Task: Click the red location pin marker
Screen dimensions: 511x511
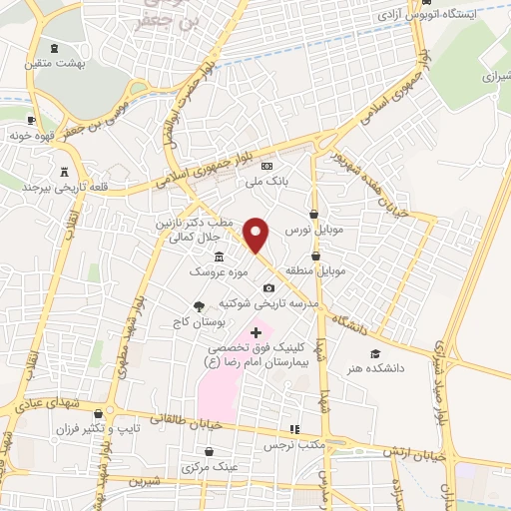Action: [256, 235]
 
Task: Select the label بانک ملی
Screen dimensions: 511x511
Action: [266, 182]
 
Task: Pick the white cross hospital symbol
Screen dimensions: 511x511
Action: [256, 331]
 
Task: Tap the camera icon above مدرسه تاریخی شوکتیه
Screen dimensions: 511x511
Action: [267, 287]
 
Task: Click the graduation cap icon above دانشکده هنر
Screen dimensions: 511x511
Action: [375, 353]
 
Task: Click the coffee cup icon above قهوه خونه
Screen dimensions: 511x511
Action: [33, 119]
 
